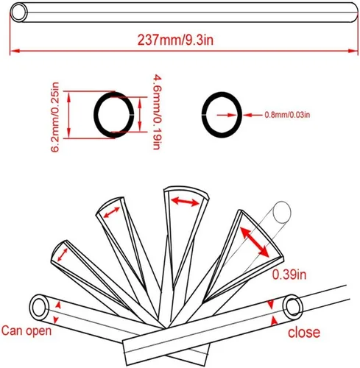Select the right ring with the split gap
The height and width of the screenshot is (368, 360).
[221, 114]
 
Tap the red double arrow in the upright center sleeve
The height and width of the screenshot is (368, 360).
[182, 199]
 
